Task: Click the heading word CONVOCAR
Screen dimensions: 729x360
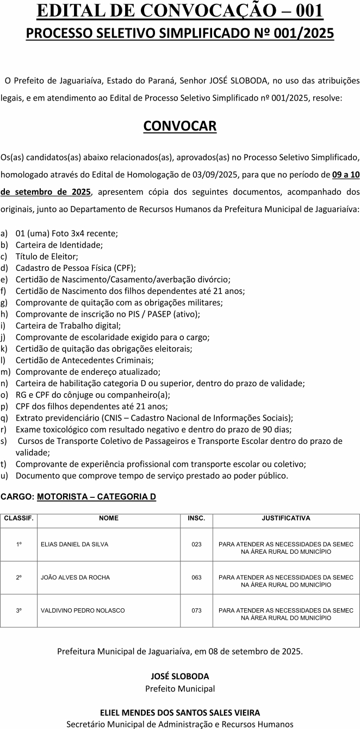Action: click(179, 126)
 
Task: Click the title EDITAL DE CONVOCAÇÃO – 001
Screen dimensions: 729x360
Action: click(179, 11)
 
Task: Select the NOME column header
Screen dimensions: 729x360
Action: click(109, 518)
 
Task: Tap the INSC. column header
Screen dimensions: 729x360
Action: click(196, 518)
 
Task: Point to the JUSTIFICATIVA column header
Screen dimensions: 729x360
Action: click(286, 518)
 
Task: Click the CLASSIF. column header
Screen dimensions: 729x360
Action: click(19, 518)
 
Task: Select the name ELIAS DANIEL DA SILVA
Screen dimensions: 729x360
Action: click(75, 544)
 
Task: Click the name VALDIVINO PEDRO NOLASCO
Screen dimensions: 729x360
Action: click(83, 610)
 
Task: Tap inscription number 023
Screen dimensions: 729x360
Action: click(196, 544)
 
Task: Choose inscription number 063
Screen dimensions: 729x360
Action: click(196, 577)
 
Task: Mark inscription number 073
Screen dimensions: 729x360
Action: click(196, 610)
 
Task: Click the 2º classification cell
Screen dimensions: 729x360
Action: click(19, 577)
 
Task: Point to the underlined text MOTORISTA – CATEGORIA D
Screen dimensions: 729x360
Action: click(97, 497)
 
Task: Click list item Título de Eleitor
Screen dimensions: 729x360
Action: click(47, 256)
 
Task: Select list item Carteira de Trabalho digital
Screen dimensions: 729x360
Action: click(68, 326)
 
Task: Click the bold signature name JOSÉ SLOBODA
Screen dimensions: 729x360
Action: click(179, 676)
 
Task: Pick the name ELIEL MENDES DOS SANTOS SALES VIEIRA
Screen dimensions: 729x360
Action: click(179, 712)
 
